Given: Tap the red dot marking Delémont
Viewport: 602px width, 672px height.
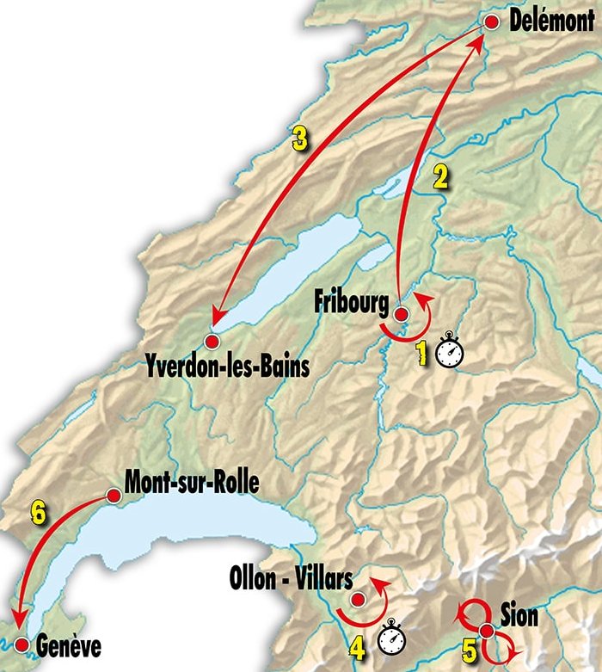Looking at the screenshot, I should tap(492, 23).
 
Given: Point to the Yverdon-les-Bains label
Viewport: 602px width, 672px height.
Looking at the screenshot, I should tap(227, 366).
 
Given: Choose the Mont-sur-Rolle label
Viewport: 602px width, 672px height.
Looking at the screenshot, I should tap(191, 480).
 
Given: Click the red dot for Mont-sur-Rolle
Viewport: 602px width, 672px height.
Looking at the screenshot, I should tap(113, 495).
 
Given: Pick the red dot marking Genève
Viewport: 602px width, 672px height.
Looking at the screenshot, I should tap(21, 644).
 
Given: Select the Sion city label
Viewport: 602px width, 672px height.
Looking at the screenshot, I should tap(519, 615).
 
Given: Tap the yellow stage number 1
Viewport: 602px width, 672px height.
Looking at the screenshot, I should tap(422, 352).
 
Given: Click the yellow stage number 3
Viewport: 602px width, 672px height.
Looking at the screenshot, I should tap(299, 139).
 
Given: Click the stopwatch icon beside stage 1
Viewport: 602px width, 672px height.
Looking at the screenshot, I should tap(450, 353).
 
